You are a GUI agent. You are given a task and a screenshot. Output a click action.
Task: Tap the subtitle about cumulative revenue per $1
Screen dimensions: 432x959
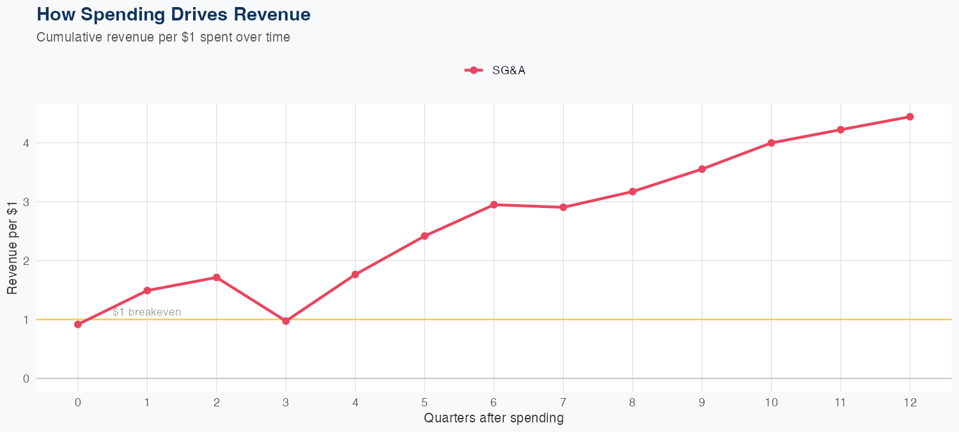point(164,37)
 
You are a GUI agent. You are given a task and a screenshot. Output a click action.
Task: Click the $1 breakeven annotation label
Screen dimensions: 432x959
point(146,312)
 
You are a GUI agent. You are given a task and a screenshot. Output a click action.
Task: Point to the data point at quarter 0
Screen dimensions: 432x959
point(78,324)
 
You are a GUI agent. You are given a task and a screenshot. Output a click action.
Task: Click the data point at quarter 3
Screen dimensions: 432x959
point(286,321)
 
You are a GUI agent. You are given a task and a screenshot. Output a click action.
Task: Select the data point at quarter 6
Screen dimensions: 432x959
point(494,205)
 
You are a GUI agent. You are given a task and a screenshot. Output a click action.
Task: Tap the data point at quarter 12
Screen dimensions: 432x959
point(910,117)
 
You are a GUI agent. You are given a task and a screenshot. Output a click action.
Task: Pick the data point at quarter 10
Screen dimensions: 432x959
point(771,143)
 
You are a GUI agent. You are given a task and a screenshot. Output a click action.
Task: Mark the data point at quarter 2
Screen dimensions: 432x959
point(217,278)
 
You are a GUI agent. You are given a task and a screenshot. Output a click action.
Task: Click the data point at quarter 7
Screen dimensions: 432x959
point(563,207)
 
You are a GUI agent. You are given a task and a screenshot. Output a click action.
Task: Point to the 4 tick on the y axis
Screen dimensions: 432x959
point(26,143)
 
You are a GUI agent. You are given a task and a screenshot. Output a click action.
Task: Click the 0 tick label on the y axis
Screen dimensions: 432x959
point(26,378)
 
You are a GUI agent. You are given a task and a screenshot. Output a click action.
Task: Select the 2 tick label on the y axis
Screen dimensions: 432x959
point(26,260)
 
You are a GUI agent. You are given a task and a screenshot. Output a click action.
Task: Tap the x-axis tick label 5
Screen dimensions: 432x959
point(425,403)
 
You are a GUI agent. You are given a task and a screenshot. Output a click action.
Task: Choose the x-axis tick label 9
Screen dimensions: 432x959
point(702,403)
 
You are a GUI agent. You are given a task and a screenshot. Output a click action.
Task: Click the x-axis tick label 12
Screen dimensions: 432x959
point(910,403)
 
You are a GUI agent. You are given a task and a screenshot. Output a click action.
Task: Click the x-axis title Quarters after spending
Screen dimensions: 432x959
point(494,419)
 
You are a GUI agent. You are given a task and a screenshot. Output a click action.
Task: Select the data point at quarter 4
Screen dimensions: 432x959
point(355,275)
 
